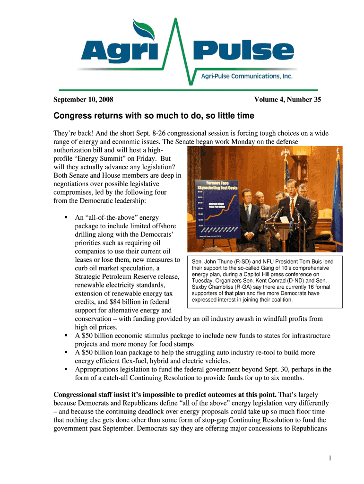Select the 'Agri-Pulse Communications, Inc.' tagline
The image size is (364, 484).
(x=247, y=76)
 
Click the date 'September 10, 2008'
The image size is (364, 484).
(x=83, y=100)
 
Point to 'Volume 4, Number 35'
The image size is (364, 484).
(x=287, y=100)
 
